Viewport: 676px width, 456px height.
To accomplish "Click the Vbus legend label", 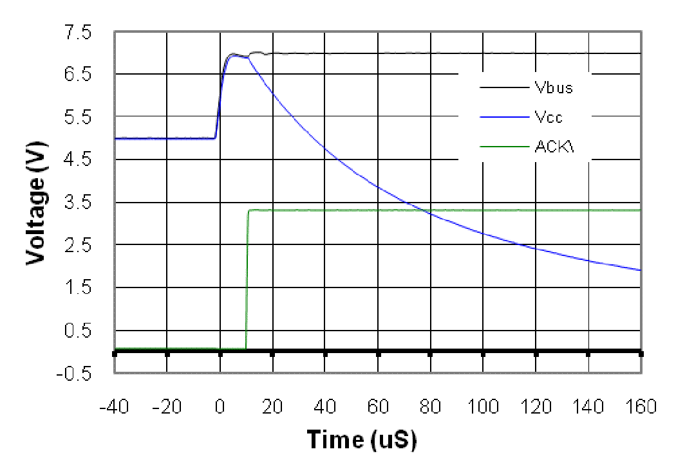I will pos(553,88).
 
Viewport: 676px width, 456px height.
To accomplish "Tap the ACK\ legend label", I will pos(554,147).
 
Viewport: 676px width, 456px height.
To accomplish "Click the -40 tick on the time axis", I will pos(115,407).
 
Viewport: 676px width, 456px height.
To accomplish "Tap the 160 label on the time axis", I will pos(641,407).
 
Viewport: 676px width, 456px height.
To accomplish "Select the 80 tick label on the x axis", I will pos(431,407).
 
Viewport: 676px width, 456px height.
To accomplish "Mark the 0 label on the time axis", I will pos(220,407).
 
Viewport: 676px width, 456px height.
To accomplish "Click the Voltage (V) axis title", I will pos(38,202).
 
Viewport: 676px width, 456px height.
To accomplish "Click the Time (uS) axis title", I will pos(361,439).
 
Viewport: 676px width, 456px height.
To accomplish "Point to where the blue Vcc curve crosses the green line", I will pos(430,210).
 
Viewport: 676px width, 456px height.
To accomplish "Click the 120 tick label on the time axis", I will pos(536,407).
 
